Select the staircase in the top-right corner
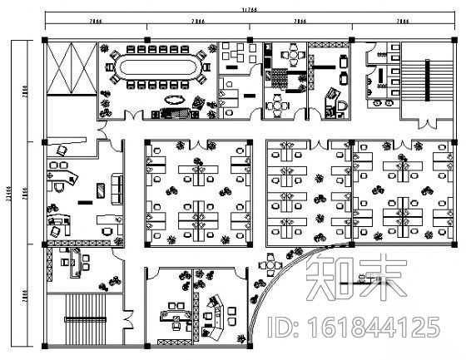(425, 80)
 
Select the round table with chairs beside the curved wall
(272, 264)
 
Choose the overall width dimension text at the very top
(248, 9)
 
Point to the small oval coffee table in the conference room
(175, 100)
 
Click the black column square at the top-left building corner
(43, 39)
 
